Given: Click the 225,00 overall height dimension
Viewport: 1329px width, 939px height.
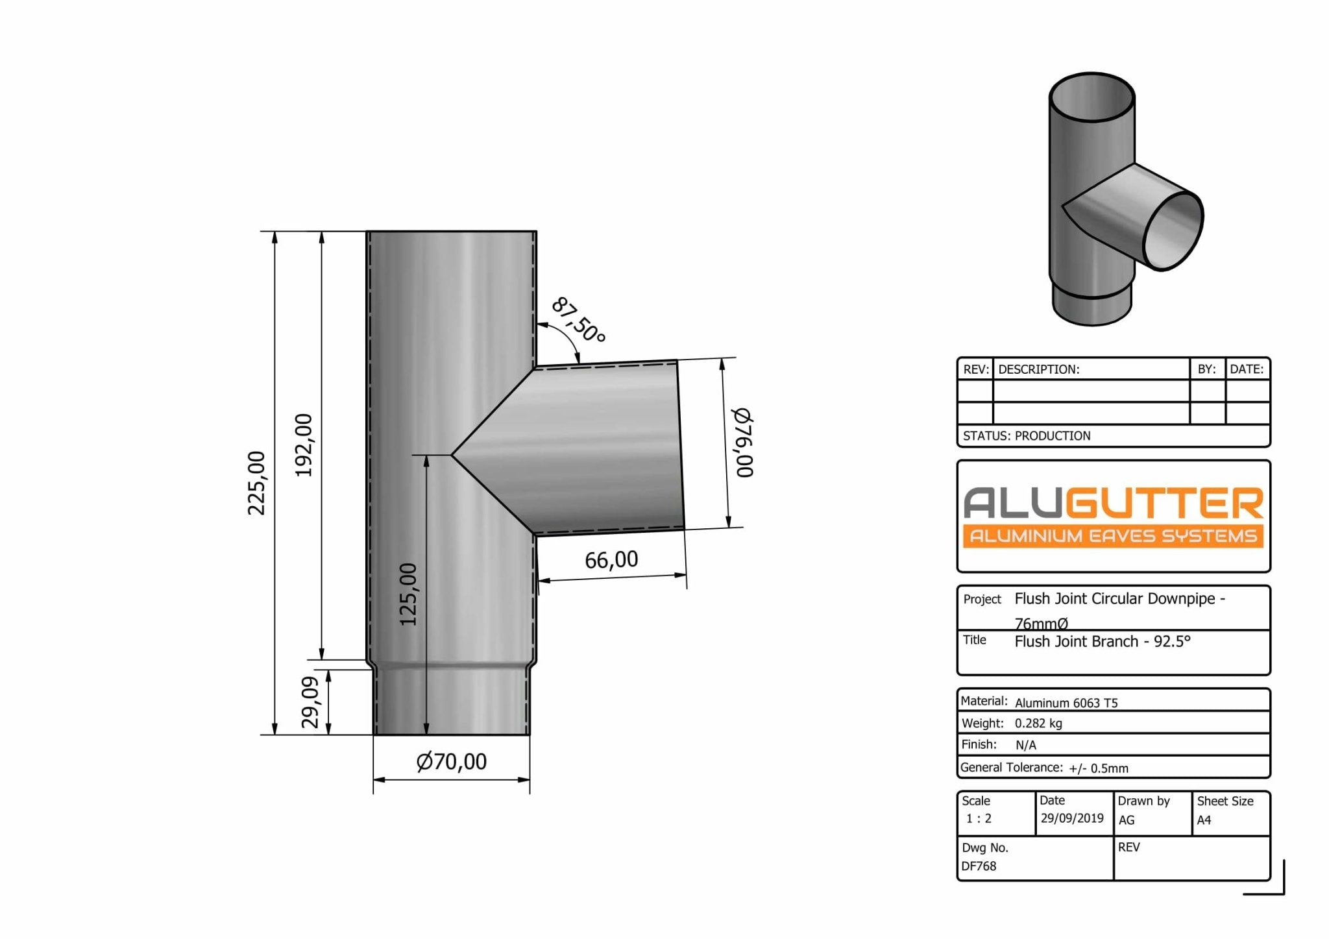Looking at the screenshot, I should coord(257,483).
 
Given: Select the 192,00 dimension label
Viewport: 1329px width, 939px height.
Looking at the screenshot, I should coord(304,445).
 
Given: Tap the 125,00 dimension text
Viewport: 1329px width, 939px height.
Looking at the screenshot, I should coord(408,594).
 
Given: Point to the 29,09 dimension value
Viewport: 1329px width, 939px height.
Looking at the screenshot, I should coord(311,702).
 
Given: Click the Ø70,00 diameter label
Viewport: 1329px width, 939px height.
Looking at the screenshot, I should coord(451,761).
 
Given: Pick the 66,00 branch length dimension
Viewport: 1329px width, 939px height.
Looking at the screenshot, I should coord(611,559).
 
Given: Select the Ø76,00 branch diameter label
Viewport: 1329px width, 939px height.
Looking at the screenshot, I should coord(743,443).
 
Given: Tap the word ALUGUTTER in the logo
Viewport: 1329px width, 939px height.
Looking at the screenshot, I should coord(1113,503).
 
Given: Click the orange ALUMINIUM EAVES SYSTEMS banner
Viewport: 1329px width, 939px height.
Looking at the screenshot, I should coord(1113,536).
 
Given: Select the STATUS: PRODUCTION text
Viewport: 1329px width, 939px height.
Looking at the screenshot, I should coord(1027,436).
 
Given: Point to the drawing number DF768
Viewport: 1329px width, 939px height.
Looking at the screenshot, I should coord(979,866).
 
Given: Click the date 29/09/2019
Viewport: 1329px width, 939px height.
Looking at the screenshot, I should coord(1072,818).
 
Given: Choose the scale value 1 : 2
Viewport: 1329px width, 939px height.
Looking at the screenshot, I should coord(979,818).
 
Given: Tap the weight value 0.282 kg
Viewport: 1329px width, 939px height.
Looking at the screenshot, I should coord(1038,724).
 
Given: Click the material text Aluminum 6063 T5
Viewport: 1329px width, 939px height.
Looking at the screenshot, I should coord(1066,703).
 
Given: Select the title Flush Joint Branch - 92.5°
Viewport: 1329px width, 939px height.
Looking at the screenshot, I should coord(1103,642).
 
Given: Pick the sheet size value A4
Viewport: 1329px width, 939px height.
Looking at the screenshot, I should coord(1204,820).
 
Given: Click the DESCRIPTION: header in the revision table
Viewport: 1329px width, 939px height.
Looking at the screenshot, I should coord(1038,369).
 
